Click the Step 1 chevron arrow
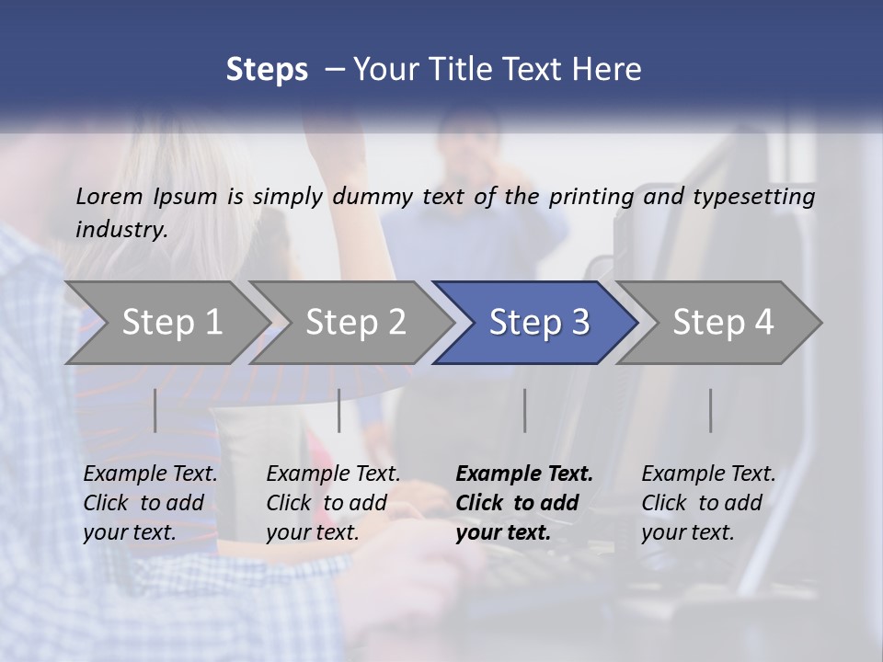click(166, 323)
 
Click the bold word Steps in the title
click(267, 69)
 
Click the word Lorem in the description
click(109, 196)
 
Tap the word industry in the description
click(120, 229)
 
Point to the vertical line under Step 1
click(155, 410)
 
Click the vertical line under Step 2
click(339, 410)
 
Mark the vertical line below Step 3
click(524, 410)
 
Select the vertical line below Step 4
click(710, 410)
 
